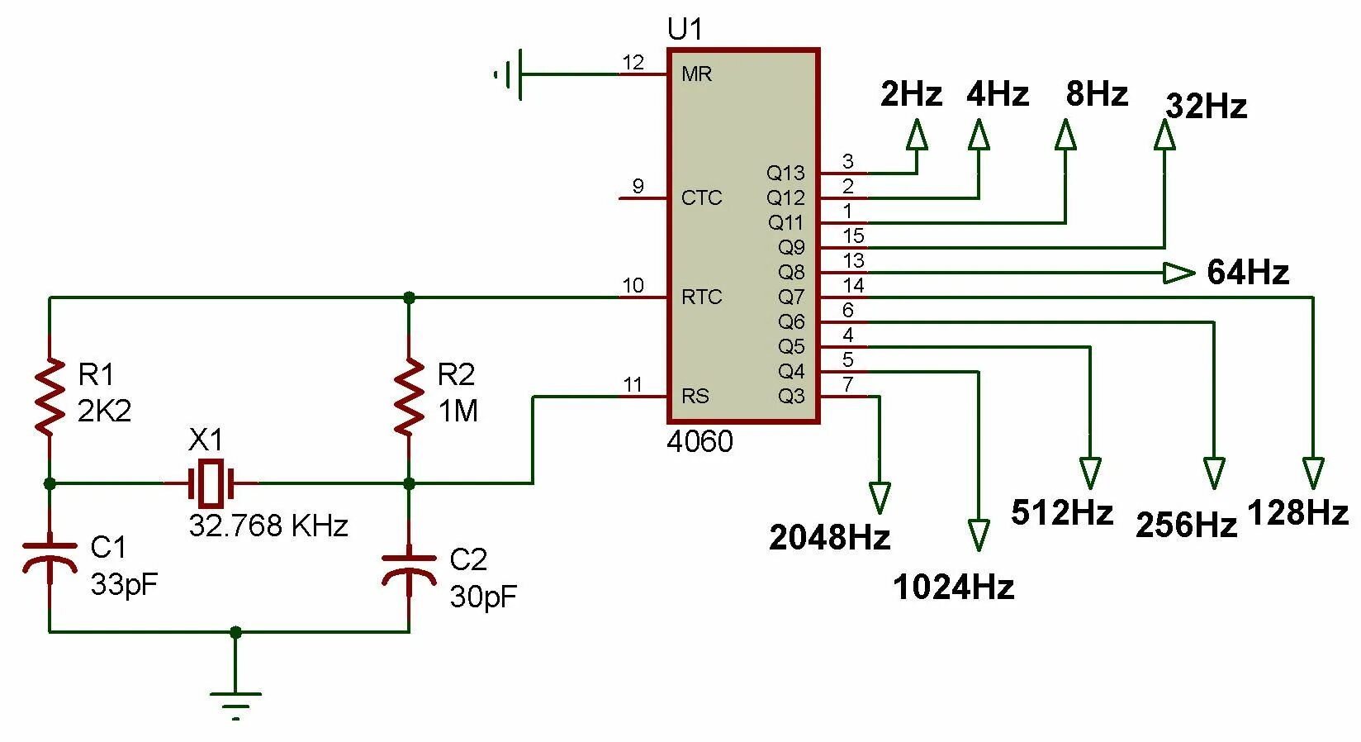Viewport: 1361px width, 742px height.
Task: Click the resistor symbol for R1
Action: pyautogui.click(x=50, y=397)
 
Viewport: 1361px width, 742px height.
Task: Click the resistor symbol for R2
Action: pyautogui.click(x=409, y=397)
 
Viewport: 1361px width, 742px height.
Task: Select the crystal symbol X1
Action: pyautogui.click(x=211, y=483)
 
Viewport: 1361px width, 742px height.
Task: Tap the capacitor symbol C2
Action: pyautogui.click(x=409, y=568)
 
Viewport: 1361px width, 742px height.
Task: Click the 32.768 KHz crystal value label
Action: pyautogui.click(x=268, y=526)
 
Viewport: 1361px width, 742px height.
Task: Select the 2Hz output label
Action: pyautogui.click(x=911, y=94)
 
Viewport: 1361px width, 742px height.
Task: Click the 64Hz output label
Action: pyautogui.click(x=1248, y=272)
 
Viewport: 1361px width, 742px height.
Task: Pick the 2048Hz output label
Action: pyautogui.click(x=830, y=537)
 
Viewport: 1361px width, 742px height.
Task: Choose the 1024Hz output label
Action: pyautogui.click(x=953, y=587)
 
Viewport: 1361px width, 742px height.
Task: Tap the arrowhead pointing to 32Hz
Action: pyautogui.click(x=1164, y=135)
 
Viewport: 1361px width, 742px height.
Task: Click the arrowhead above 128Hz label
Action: pyautogui.click(x=1313, y=473)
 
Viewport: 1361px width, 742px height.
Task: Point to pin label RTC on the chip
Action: pyautogui.click(x=701, y=297)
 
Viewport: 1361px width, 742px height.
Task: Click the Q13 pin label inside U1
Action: pyautogui.click(x=785, y=174)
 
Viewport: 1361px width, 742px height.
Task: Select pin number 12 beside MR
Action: pyautogui.click(x=633, y=63)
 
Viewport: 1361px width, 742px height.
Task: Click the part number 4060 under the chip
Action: pyautogui.click(x=699, y=441)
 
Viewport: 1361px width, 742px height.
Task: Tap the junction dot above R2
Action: pyautogui.click(x=409, y=297)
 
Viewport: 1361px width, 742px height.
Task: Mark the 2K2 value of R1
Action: pyautogui.click(x=104, y=411)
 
